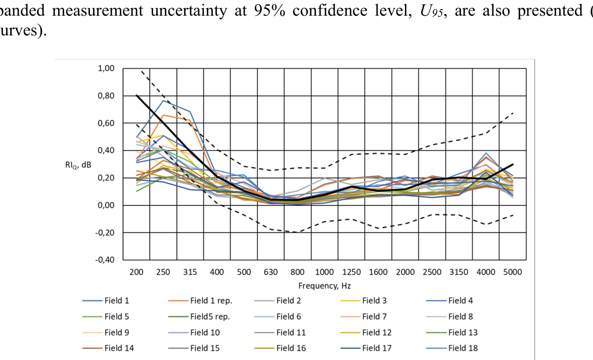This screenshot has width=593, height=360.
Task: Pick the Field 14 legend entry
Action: [x=116, y=348]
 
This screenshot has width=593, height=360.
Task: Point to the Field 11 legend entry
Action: [x=291, y=332]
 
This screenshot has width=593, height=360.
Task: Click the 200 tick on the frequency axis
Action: [x=137, y=272]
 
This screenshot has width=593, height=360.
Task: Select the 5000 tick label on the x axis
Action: [x=513, y=272]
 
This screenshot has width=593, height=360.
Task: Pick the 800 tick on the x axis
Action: [x=298, y=272]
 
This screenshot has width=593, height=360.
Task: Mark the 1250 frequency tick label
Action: [x=351, y=272]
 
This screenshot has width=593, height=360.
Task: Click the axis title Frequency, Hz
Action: [x=324, y=286]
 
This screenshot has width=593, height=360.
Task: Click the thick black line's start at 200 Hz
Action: [x=137, y=95]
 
